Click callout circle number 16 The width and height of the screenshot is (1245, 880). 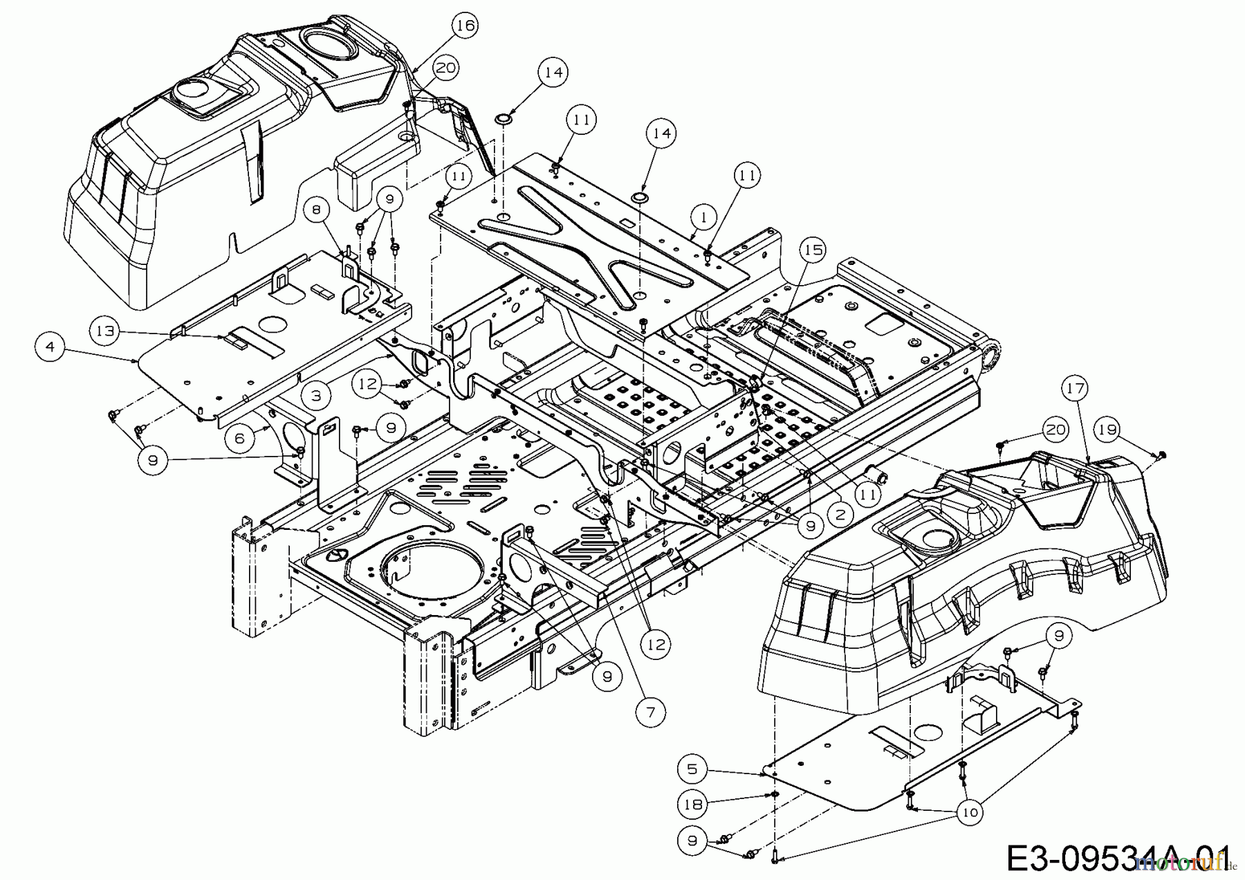[465, 26]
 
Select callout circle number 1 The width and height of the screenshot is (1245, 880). [703, 217]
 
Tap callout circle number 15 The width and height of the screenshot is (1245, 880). [814, 248]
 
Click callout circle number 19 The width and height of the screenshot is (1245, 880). [1107, 430]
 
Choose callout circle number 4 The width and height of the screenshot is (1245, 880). [50, 347]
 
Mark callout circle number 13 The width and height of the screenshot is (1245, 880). [105, 331]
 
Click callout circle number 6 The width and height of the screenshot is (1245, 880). [239, 438]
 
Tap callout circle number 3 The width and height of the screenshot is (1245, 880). [316, 396]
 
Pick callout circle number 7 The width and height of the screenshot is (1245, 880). [652, 711]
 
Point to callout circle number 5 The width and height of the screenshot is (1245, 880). [693, 769]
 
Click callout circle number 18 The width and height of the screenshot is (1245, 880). [693, 804]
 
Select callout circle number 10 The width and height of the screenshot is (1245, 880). [970, 812]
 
